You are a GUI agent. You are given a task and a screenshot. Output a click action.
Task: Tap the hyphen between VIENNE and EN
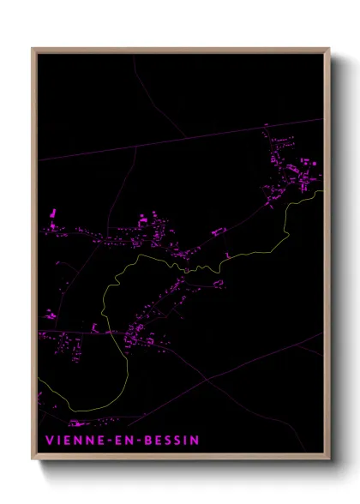click(x=107, y=441)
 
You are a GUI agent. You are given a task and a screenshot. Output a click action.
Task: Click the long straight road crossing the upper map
click(x=171, y=140)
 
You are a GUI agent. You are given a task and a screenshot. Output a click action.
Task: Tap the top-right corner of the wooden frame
click(x=328, y=49)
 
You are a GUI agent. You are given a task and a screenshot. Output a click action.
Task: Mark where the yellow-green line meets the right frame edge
click(x=322, y=191)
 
